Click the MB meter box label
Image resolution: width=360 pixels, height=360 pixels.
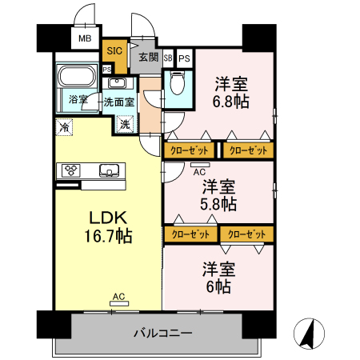(85, 38)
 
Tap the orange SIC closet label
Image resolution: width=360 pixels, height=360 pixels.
(114, 50)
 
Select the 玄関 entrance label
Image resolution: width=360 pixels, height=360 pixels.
(148, 57)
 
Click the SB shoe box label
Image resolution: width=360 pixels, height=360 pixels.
(168, 58)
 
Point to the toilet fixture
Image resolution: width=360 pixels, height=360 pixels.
(177, 83)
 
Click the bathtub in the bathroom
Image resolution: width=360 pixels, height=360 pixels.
(77, 75)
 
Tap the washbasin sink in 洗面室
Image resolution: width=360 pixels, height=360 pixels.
(117, 83)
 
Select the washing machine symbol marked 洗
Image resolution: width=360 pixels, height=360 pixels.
(125, 124)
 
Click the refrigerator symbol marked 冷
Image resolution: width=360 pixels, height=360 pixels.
(64, 127)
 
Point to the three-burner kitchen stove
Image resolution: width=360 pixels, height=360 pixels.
(71, 170)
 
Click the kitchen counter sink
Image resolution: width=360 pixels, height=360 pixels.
(109, 170)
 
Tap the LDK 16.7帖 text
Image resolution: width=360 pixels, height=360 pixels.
(108, 226)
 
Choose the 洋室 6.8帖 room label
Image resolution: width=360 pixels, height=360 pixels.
(231, 93)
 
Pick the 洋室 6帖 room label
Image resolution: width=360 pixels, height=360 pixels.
(218, 278)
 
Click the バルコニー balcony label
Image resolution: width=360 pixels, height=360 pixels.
(163, 333)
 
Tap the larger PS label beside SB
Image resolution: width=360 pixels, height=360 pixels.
(184, 58)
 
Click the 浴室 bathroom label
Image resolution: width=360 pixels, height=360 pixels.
(78, 99)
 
